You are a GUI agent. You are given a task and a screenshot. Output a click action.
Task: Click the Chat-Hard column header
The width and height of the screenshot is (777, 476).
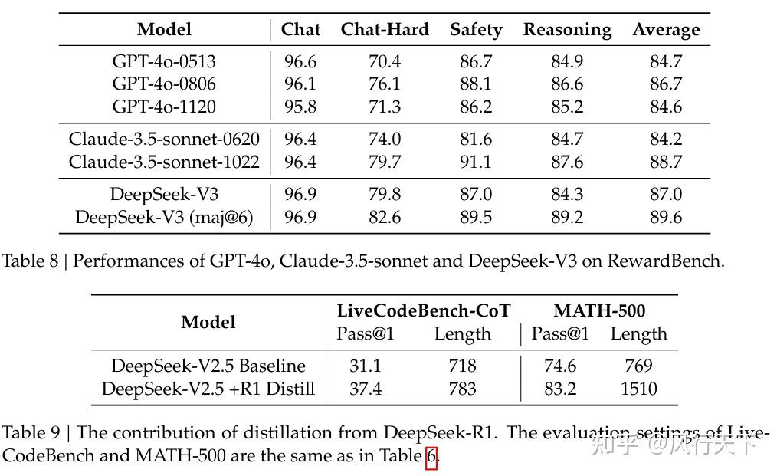tap(384, 30)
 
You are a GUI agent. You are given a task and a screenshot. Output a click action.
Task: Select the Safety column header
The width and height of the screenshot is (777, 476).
tap(475, 30)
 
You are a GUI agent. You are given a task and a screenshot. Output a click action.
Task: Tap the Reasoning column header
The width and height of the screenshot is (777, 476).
tap(567, 30)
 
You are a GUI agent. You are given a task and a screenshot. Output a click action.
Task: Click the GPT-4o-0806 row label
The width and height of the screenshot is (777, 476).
tap(164, 84)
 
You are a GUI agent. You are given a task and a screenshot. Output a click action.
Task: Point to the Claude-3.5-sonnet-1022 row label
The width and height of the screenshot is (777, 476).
tap(164, 162)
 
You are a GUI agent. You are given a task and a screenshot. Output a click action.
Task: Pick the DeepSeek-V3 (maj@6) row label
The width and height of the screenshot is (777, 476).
tap(164, 218)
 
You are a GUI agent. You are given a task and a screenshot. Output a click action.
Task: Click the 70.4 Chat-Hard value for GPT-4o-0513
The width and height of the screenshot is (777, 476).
tap(384, 62)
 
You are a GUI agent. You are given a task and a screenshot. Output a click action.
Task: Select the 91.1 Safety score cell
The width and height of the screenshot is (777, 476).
tap(476, 162)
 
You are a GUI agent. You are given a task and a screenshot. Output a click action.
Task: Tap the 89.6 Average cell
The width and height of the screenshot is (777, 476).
tap(666, 218)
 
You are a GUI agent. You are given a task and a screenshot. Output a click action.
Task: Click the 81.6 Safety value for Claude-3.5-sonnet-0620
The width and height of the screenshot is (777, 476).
tap(476, 140)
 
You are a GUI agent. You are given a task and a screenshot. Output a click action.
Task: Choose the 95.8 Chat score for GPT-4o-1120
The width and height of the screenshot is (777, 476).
tap(300, 107)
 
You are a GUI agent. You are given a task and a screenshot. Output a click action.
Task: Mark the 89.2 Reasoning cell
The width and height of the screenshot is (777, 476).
tap(567, 218)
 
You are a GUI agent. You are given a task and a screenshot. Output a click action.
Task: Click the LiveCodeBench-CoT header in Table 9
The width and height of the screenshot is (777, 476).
tap(424, 310)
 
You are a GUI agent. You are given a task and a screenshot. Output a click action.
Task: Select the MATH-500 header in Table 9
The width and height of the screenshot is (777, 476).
tap(599, 310)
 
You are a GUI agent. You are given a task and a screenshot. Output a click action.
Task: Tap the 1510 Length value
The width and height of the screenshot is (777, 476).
tap(638, 389)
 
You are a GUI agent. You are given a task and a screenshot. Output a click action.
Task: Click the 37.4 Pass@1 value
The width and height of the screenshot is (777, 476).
tap(366, 389)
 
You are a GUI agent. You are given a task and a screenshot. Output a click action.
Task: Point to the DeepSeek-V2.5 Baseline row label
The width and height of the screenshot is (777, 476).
tap(208, 366)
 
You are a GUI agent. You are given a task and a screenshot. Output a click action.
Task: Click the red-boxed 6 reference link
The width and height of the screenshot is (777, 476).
tap(431, 457)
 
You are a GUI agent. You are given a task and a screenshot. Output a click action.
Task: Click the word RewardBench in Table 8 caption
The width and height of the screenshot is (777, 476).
tap(664, 261)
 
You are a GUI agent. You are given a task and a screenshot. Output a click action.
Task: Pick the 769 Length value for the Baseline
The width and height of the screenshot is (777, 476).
tap(638, 366)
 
